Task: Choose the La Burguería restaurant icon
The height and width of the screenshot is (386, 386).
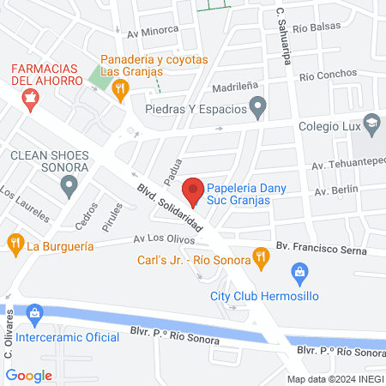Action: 15,244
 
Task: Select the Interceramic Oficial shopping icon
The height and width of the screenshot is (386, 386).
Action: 34,314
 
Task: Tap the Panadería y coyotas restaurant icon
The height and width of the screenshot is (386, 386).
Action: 121,87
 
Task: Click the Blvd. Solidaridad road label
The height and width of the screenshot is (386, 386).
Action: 170,209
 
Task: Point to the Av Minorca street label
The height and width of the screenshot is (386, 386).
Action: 153,30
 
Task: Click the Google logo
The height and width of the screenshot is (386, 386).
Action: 29,375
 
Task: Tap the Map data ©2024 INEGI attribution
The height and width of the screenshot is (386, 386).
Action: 335,378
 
